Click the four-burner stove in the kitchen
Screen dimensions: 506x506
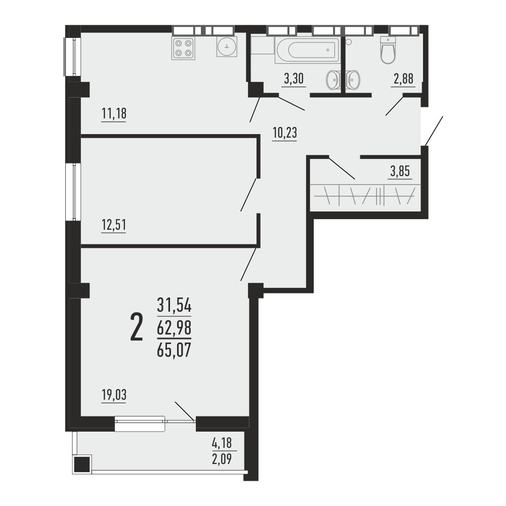coord(183,48)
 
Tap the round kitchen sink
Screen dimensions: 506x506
coord(227,47)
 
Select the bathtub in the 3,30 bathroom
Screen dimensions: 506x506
coord(307,50)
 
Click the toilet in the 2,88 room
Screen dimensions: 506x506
coord(388,50)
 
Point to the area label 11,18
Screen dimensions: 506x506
coord(114,113)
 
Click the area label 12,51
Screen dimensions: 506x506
coord(113,225)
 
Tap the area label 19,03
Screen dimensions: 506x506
coord(114,395)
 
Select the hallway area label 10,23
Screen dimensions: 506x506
coord(284,133)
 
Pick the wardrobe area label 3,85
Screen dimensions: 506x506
coord(400,172)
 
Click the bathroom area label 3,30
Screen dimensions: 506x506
coord(293,78)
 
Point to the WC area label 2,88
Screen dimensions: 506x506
coord(403,78)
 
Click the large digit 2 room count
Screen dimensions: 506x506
coord(136,327)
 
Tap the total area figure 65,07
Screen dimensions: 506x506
coord(174,350)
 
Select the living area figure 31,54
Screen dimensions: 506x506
coord(174,305)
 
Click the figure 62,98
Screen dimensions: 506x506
coord(174,328)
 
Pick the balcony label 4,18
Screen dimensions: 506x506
coord(222,443)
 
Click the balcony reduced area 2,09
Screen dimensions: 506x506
coord(222,458)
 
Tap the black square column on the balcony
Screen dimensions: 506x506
coord(81,465)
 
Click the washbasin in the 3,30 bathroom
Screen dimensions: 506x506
coord(332,79)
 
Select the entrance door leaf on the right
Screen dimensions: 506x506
coord(434,132)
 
